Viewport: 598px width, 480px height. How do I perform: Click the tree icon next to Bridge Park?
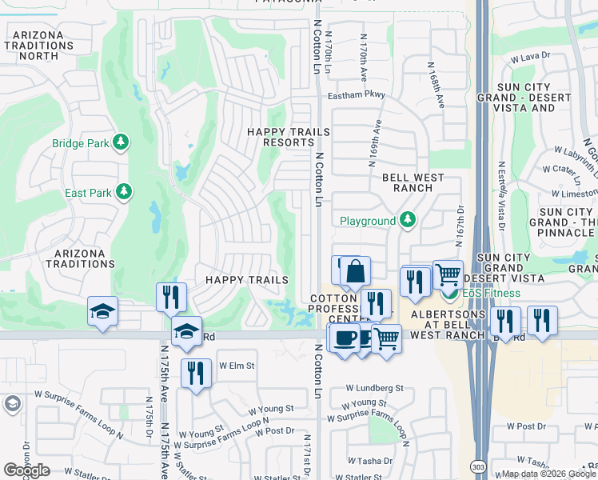(121, 143)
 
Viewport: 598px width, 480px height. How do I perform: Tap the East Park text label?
(88, 193)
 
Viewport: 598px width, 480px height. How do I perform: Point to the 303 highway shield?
(478, 465)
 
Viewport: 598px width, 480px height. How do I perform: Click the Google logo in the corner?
(26, 470)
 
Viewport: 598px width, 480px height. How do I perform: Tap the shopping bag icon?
(355, 272)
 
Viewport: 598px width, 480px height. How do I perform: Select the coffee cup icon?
(345, 338)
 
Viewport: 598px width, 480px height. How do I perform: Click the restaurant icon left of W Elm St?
(196, 372)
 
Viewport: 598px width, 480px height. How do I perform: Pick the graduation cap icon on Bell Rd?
(185, 331)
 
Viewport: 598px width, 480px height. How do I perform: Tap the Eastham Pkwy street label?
(357, 95)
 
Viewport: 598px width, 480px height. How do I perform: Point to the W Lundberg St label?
(375, 388)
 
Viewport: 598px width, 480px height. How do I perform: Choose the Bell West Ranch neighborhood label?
(407, 183)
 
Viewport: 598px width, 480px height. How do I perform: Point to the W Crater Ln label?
(567, 169)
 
